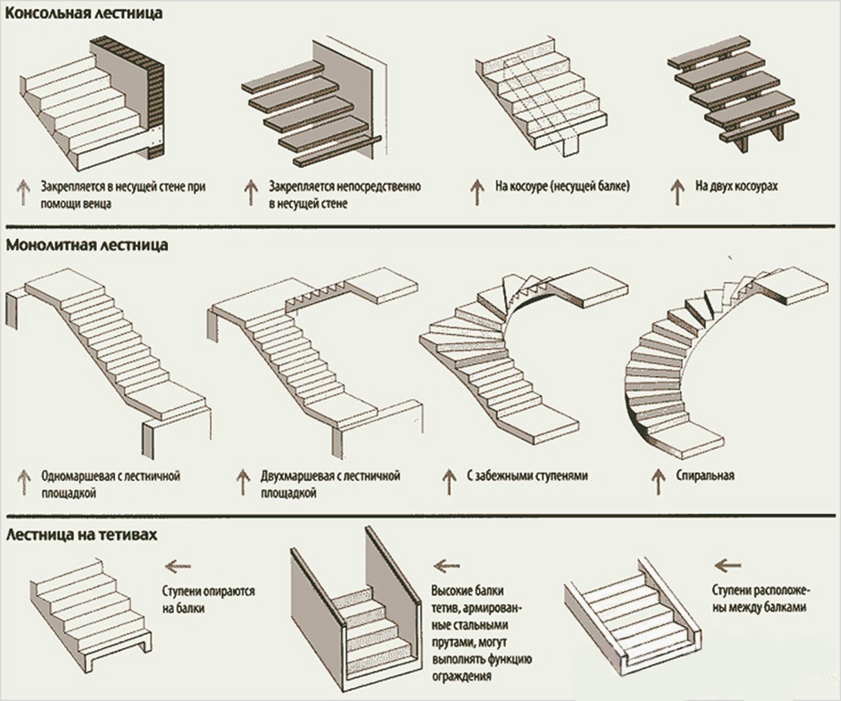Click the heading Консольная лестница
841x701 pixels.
[84, 13]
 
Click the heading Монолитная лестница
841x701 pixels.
[87, 244]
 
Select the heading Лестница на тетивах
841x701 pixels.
[82, 535]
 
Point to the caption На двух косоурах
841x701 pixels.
[736, 187]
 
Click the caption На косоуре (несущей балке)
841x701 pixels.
[562, 187]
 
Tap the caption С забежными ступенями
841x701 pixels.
[527, 476]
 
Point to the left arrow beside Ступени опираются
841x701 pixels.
[179, 567]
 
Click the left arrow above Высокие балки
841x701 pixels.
[447, 566]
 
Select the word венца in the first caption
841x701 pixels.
[95, 204]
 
